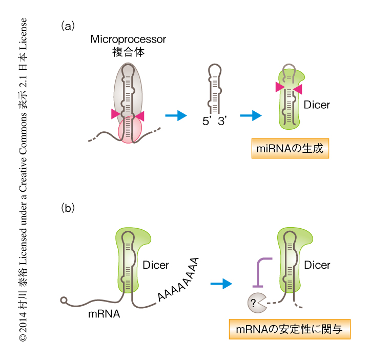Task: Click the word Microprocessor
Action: click(128, 39)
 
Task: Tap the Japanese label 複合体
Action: click(128, 52)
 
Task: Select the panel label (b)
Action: click(68, 208)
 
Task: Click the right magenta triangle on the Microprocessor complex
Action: click(140, 116)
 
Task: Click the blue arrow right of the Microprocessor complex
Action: click(175, 116)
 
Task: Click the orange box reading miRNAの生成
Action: click(290, 149)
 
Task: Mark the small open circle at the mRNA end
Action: click(64, 300)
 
